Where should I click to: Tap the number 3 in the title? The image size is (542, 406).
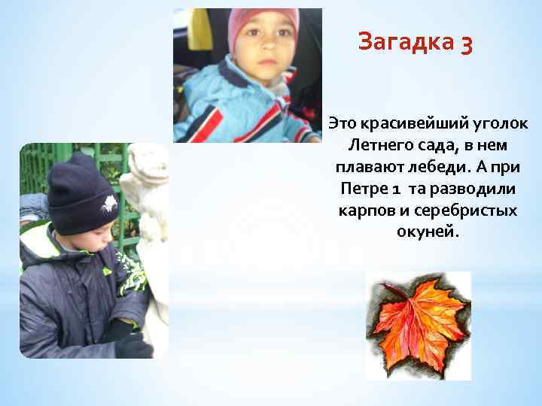[x=464, y=44]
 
